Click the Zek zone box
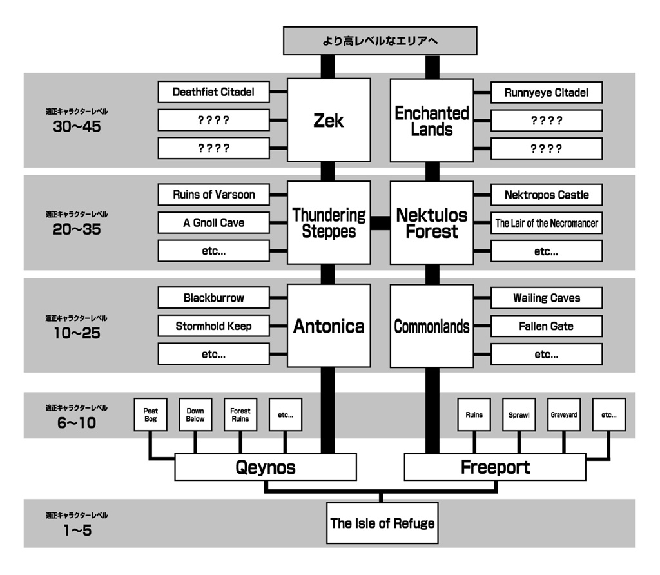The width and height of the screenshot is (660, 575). pyautogui.click(x=329, y=120)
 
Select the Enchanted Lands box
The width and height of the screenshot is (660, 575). pyautogui.click(x=432, y=120)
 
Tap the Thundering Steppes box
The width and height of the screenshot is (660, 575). pyautogui.click(x=329, y=222)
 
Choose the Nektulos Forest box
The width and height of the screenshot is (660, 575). pyautogui.click(x=432, y=222)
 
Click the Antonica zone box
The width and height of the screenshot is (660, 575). pyautogui.click(x=329, y=326)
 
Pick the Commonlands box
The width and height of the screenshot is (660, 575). pyautogui.click(x=432, y=326)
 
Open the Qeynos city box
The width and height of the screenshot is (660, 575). pyautogui.click(x=265, y=467)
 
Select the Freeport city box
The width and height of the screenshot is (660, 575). pyautogui.click(x=495, y=467)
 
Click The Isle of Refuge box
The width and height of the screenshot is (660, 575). pyautogui.click(x=382, y=523)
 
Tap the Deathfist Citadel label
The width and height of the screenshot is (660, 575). pyautogui.click(x=213, y=92)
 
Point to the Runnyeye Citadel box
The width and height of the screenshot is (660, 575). pyautogui.click(x=546, y=92)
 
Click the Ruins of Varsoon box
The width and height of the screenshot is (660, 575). pyautogui.click(x=213, y=195)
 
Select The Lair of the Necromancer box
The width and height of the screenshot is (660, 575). pyautogui.click(x=546, y=223)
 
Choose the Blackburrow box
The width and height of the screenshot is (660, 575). pyautogui.click(x=213, y=298)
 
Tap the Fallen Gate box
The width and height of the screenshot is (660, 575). pyautogui.click(x=546, y=326)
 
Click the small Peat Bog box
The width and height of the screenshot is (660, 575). pyautogui.click(x=150, y=414)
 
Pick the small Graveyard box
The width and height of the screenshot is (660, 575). pyautogui.click(x=563, y=414)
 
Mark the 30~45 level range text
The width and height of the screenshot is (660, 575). pyautogui.click(x=77, y=126)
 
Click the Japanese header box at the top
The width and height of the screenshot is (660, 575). pyautogui.click(x=380, y=41)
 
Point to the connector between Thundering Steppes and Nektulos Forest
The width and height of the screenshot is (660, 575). pyautogui.click(x=380, y=223)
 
